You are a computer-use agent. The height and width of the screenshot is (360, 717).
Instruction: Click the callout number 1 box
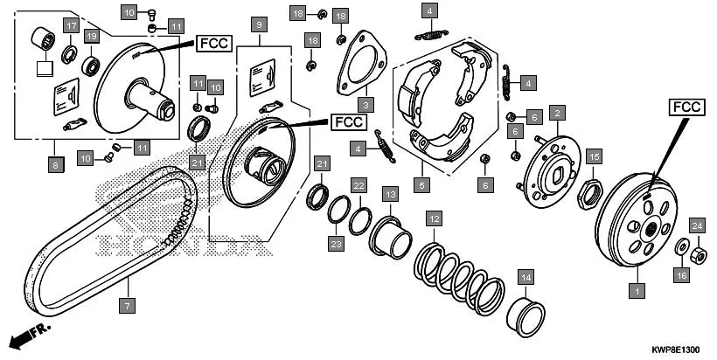(637, 289)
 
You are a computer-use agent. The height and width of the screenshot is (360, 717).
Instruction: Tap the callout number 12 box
(434, 218)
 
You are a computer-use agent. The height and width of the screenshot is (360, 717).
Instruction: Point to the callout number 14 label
(526, 278)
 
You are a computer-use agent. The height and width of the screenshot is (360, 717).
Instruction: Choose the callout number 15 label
(594, 156)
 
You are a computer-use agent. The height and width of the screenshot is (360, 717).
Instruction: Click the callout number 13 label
(389, 193)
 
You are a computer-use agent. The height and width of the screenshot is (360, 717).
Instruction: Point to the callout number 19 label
(91, 36)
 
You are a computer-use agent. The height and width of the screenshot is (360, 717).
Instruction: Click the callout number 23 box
(336, 246)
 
